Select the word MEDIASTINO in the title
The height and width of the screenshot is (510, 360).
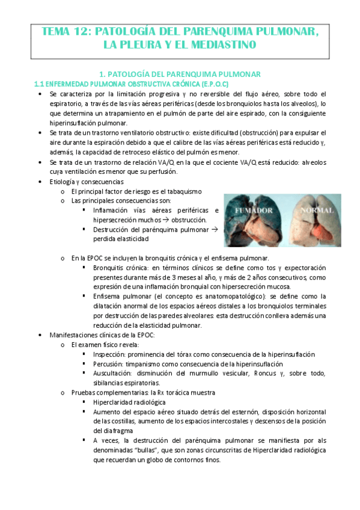(224, 45)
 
